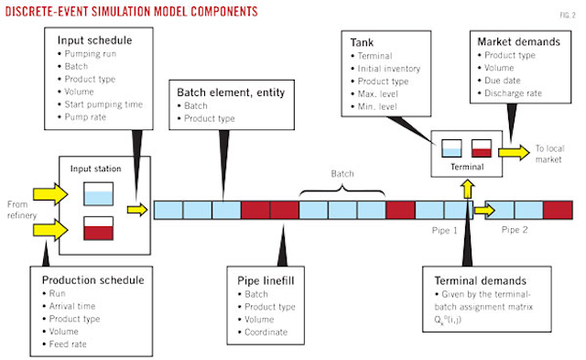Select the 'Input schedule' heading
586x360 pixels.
click(x=95, y=41)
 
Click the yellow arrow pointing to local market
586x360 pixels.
click(x=513, y=150)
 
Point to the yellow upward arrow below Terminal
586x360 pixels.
click(x=468, y=189)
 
